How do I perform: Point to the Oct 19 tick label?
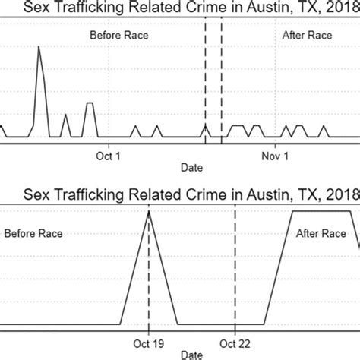tap(149, 341)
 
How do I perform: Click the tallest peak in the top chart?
tap(39, 48)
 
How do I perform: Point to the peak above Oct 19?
tap(149, 213)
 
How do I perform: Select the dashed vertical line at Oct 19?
tap(149, 289)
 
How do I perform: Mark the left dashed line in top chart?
tap(205, 76)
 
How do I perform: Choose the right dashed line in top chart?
tap(222, 76)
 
